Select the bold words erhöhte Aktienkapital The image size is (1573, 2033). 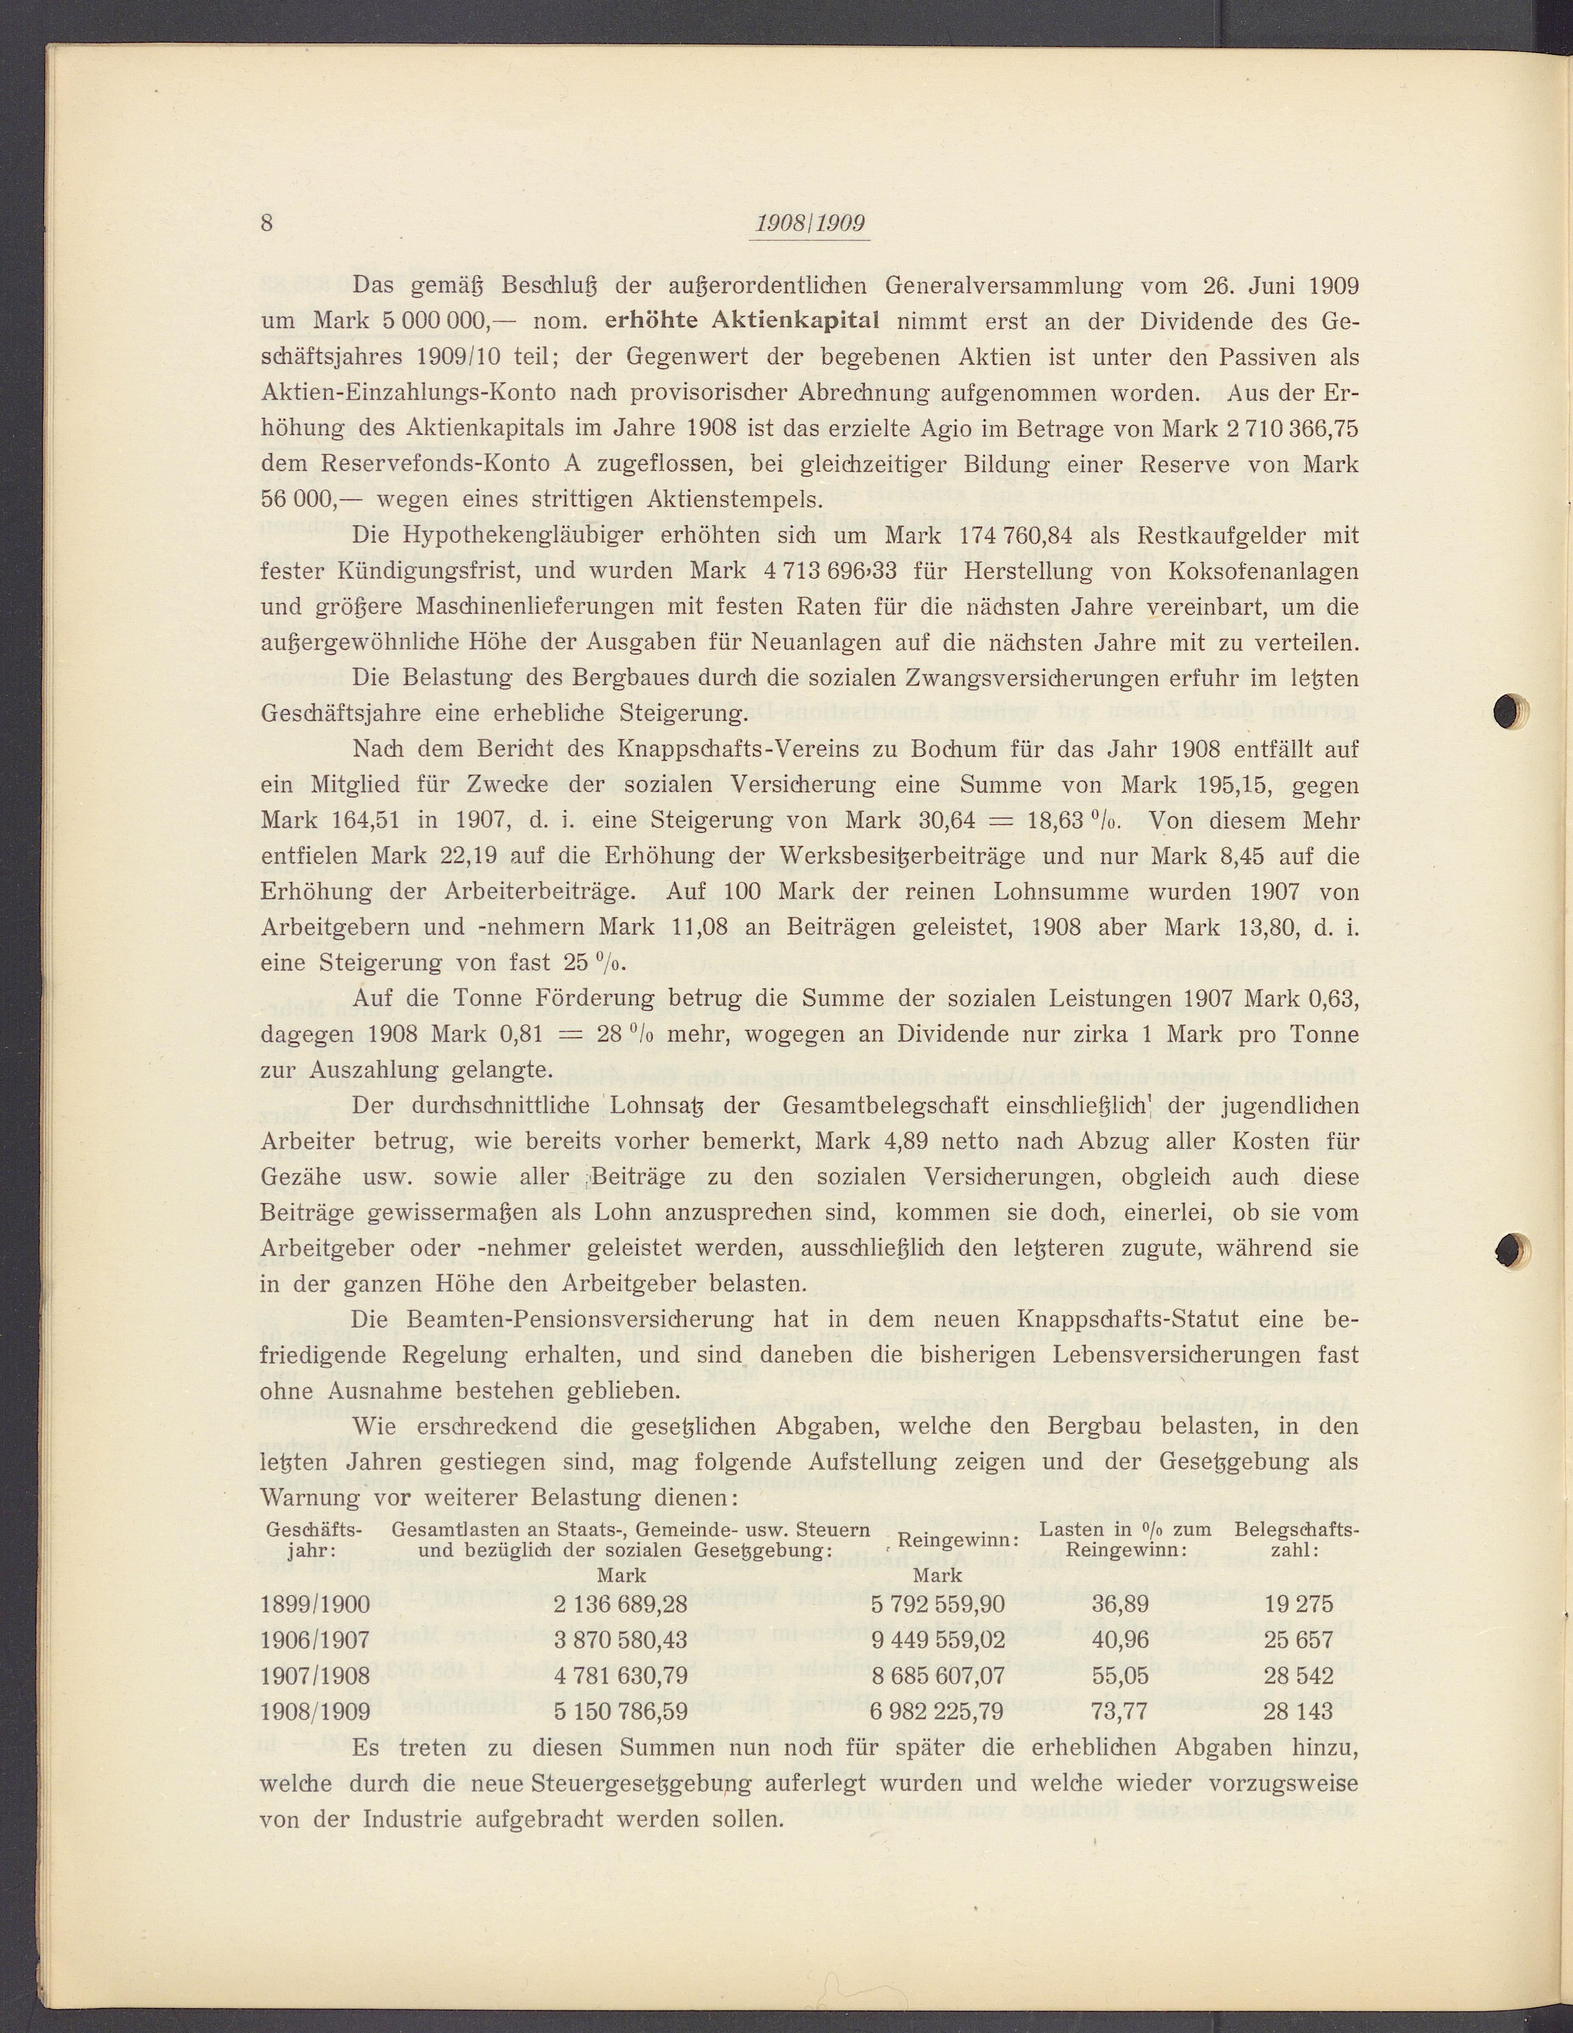click(742, 322)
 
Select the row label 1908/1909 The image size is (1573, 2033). click(316, 1711)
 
